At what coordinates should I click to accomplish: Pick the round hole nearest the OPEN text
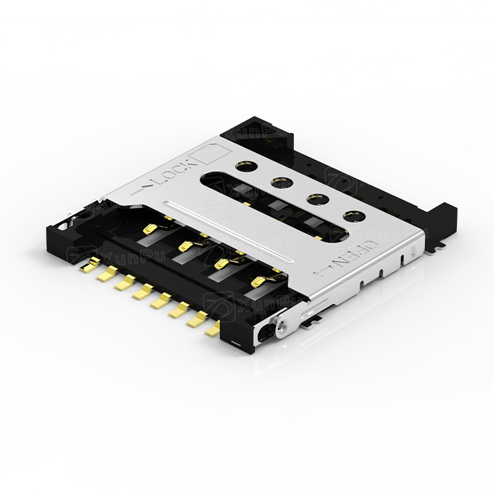(x=352, y=216)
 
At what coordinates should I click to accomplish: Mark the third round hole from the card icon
(x=316, y=198)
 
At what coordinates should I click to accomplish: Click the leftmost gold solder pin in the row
(x=87, y=267)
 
